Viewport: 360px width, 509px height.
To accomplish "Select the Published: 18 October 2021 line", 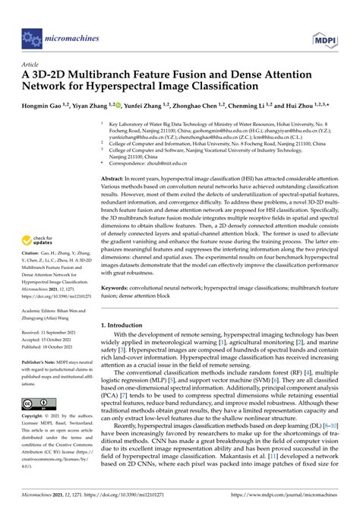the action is coord(52,348).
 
